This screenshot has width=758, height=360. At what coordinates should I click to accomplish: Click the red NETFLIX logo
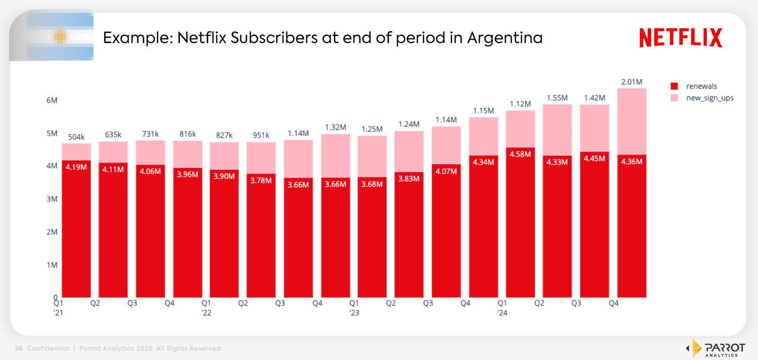click(680, 38)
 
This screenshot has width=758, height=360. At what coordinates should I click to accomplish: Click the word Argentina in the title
click(504, 38)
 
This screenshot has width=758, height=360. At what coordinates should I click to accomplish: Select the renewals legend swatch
click(674, 86)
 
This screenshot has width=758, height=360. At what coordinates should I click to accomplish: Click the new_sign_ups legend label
click(710, 98)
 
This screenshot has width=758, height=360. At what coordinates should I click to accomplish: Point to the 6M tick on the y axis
click(52, 100)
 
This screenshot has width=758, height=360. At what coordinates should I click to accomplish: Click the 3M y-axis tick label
click(52, 199)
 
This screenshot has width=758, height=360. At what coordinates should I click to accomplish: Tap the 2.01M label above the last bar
click(632, 82)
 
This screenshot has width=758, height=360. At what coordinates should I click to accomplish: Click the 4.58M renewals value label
click(520, 154)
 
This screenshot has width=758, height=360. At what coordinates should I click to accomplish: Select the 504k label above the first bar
click(76, 137)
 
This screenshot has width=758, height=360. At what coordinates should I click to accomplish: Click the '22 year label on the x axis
click(206, 313)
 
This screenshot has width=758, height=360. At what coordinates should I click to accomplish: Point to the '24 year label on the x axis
click(502, 313)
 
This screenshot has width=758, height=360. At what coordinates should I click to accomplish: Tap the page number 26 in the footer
click(18, 349)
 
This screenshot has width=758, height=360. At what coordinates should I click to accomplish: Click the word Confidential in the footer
click(48, 349)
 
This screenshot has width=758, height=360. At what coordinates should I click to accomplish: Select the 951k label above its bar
click(261, 135)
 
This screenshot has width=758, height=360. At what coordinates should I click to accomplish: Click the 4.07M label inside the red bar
click(446, 171)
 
